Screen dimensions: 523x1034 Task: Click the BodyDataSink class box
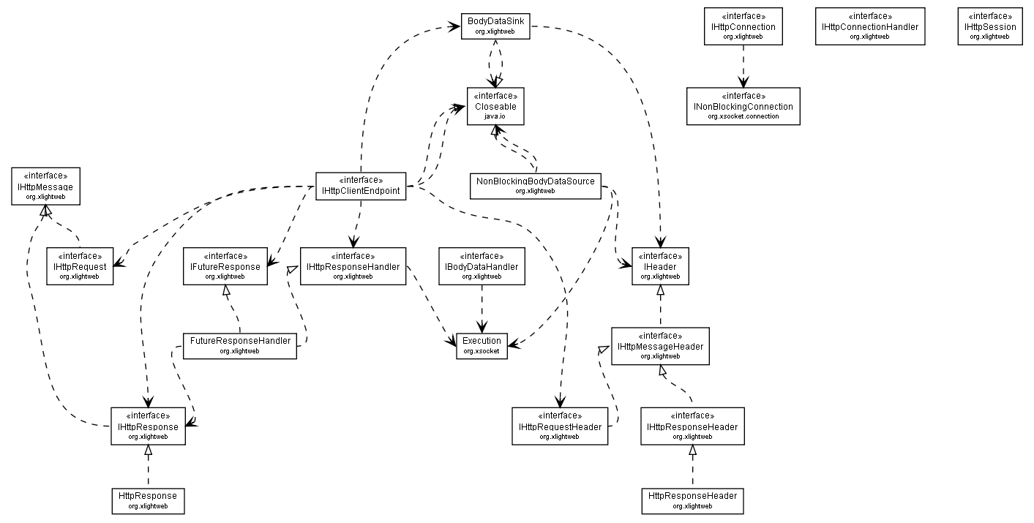(x=495, y=26)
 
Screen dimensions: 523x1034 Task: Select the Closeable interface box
(x=495, y=106)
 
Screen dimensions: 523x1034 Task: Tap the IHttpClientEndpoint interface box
(x=361, y=187)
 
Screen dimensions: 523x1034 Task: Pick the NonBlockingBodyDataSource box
(x=535, y=186)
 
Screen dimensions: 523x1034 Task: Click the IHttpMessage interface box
(x=45, y=187)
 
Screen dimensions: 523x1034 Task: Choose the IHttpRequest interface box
(x=79, y=266)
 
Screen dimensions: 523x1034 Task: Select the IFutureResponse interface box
(x=225, y=266)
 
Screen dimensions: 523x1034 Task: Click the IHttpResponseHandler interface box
(x=353, y=266)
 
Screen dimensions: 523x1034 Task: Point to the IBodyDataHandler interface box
(x=482, y=266)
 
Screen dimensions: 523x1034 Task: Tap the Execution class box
(x=482, y=345)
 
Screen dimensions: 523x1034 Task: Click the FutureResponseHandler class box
(x=240, y=345)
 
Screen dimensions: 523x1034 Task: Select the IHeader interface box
(x=660, y=266)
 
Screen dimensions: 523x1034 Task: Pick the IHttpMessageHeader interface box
(x=660, y=346)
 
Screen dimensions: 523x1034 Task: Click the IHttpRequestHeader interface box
(x=560, y=426)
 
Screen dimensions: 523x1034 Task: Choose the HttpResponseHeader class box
(x=692, y=500)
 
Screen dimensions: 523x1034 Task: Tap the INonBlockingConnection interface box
(x=743, y=106)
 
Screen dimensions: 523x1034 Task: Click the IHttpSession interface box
(x=989, y=26)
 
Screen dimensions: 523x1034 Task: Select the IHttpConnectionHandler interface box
(x=869, y=26)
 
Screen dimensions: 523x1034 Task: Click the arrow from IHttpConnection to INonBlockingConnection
(x=743, y=67)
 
